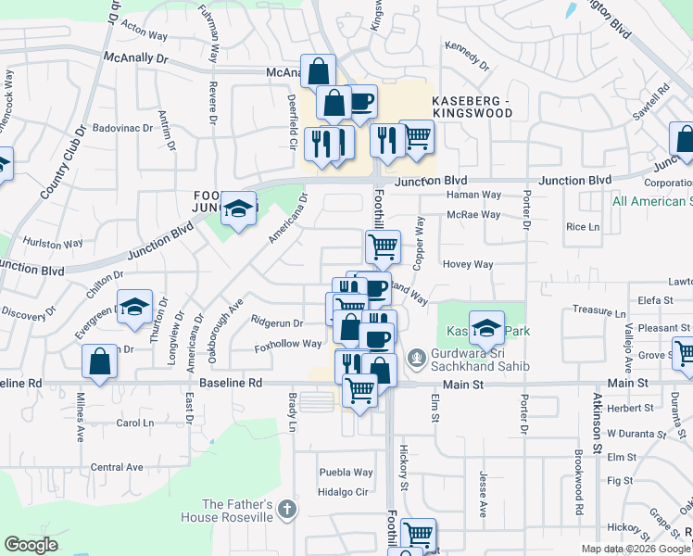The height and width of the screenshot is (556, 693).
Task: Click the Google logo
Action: click(31, 545)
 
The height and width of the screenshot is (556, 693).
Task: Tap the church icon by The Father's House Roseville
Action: click(287, 509)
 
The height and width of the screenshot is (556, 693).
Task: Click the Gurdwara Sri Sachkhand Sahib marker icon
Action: click(417, 357)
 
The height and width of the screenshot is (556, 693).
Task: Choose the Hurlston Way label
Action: click(53, 244)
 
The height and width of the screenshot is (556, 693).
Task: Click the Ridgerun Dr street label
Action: click(277, 322)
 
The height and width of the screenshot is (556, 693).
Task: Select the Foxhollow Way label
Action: click(288, 344)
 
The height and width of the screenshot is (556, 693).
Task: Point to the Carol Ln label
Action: click(134, 423)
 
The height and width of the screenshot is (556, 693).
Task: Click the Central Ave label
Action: click(117, 467)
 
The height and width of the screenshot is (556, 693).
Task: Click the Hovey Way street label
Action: click(468, 264)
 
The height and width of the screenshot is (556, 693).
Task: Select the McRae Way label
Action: click(472, 214)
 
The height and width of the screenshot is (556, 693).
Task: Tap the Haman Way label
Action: click(472, 195)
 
